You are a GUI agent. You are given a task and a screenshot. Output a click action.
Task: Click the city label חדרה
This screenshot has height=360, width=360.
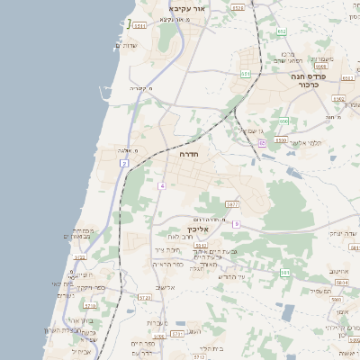(x=189, y=155)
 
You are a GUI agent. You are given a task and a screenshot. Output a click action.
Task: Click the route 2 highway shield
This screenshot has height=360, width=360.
(x=124, y=163)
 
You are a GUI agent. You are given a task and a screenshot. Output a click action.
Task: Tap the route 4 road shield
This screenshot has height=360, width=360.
(x=162, y=185)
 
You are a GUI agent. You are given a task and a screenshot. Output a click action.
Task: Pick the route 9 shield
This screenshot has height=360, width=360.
(x=236, y=223)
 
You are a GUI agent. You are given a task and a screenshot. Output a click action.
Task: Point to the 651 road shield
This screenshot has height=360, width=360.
(x=246, y=73)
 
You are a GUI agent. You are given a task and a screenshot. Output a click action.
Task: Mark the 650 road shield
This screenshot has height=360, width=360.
(x=282, y=121)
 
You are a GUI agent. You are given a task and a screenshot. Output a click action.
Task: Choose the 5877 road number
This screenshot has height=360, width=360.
(x=232, y=204)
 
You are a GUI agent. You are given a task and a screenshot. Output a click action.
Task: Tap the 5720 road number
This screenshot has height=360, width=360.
(x=145, y=296)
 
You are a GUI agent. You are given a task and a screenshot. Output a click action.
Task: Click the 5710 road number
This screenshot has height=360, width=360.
(x=88, y=306)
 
